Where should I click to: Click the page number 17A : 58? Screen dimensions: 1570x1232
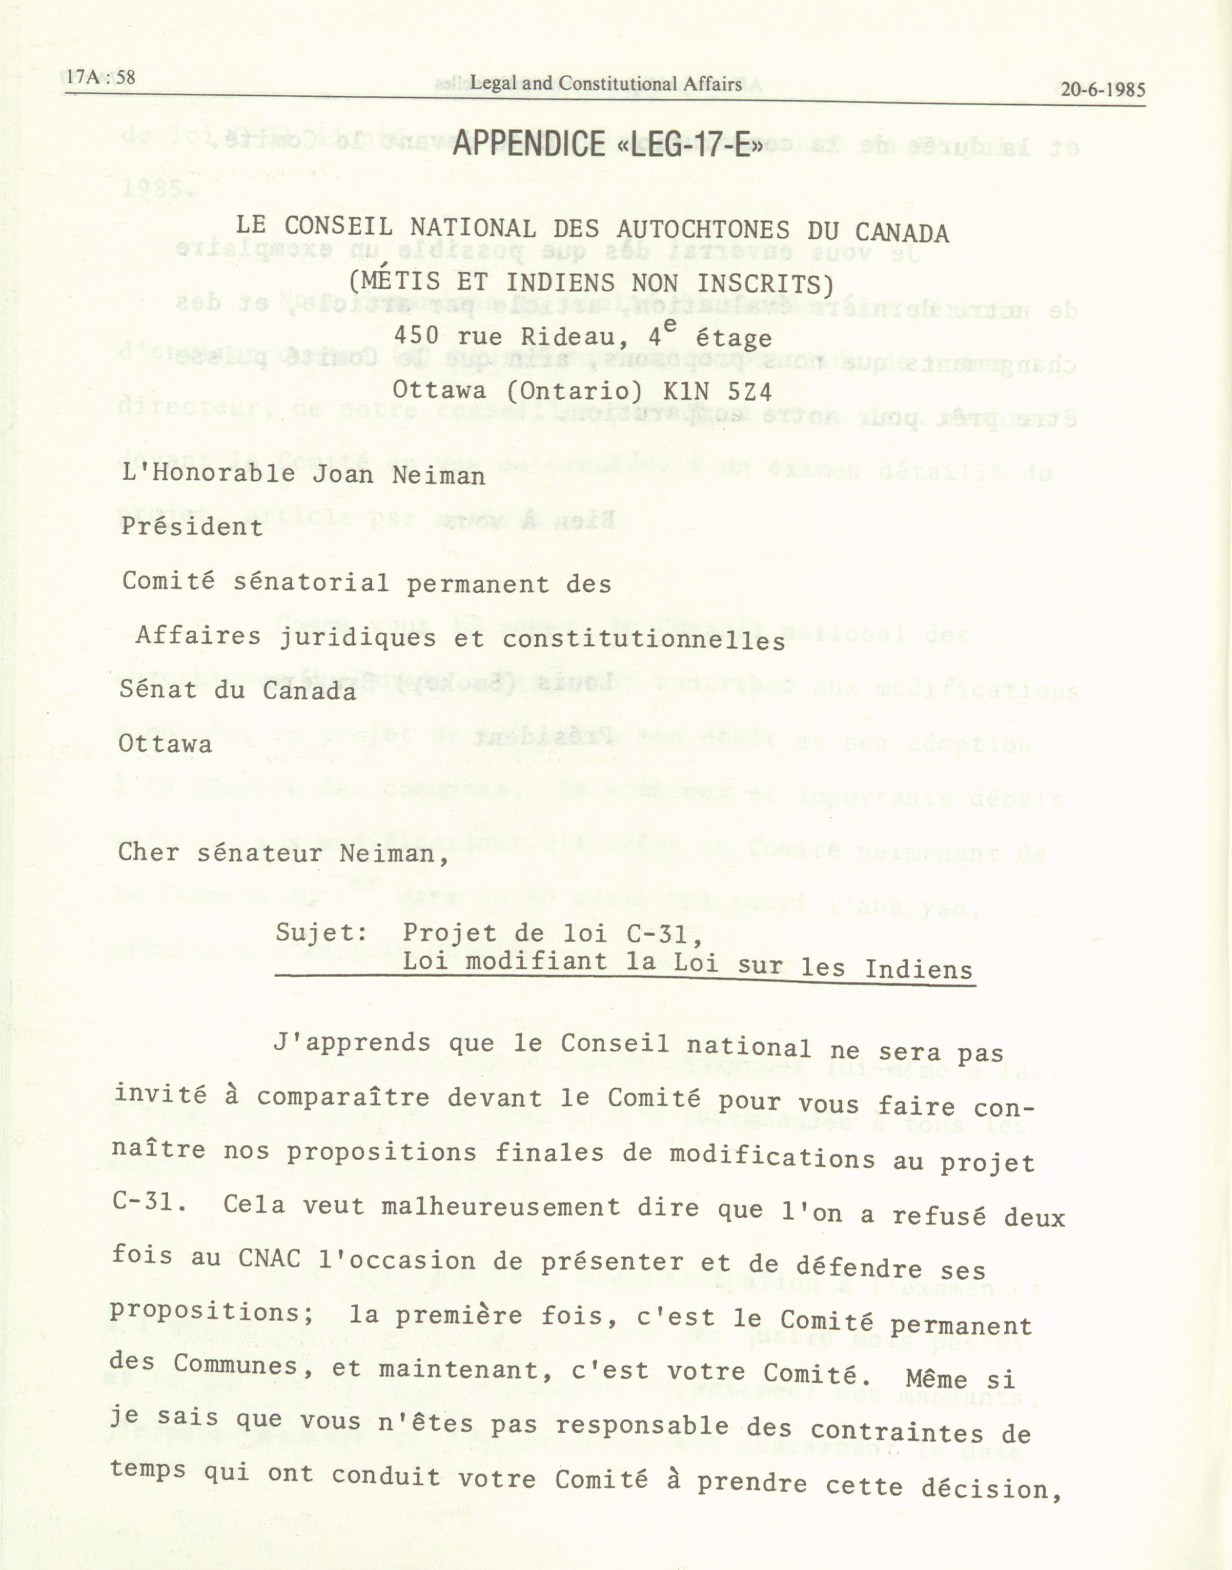click(x=101, y=77)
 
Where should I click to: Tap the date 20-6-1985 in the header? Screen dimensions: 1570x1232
click(x=1102, y=90)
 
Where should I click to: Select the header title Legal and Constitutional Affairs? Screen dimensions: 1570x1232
click(x=606, y=84)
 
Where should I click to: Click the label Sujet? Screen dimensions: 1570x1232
click(x=322, y=933)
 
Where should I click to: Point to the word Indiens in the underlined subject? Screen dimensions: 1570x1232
click(x=919, y=970)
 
